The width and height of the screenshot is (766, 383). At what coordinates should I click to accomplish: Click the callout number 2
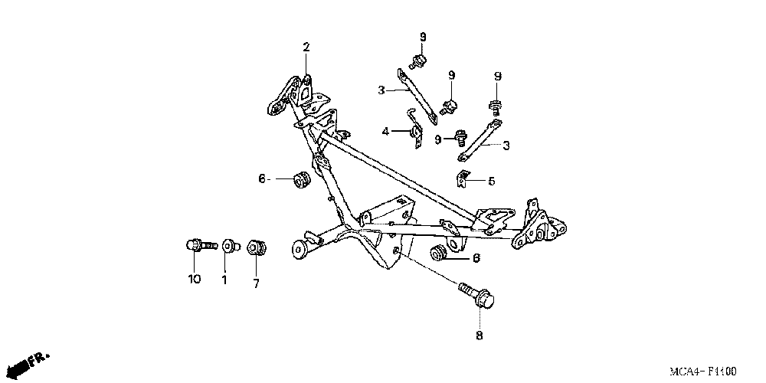point(306,47)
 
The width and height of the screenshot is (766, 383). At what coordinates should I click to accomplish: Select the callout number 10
point(194,279)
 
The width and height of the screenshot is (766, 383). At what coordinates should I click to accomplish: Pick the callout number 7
point(256,284)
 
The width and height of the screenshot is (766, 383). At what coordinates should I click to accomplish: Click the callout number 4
point(386,132)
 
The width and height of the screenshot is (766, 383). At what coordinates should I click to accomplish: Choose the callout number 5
point(491,182)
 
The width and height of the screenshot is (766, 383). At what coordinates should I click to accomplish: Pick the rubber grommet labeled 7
point(257,249)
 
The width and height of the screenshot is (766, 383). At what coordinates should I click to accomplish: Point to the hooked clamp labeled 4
point(416,130)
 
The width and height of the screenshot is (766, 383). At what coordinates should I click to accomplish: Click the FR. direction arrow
point(36,360)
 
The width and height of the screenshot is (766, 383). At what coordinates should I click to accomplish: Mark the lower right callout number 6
point(476,259)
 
